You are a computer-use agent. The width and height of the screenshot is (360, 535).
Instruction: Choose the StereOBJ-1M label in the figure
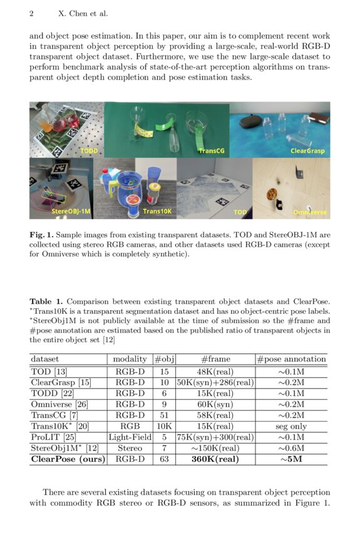coord(53,212)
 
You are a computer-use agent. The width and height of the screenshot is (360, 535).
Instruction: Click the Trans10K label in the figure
coord(157,212)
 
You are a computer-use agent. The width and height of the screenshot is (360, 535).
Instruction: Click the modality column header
coord(130,359)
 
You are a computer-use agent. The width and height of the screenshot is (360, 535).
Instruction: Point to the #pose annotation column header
coord(292,359)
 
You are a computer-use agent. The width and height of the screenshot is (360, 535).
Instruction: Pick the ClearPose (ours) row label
coord(68,459)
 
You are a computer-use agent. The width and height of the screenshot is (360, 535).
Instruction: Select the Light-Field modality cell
coord(130,437)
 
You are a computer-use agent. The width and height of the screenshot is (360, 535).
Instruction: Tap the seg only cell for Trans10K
coord(292,425)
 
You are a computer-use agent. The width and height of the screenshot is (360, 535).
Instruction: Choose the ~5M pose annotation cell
coord(292,459)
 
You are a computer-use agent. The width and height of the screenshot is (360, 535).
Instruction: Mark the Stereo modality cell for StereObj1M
coord(130,448)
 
